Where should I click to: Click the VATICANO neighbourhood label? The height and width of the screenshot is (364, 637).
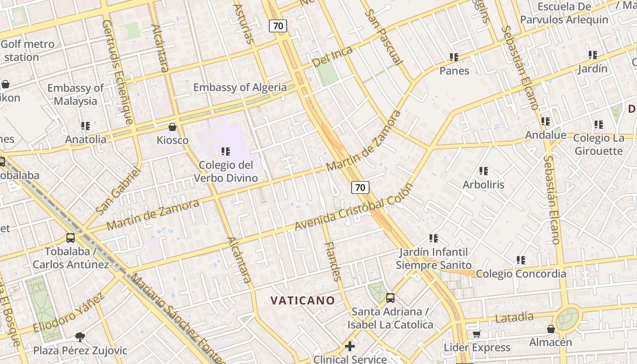303,300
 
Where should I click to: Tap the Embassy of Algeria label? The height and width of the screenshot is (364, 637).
240,87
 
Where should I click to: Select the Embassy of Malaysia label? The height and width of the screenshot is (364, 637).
76,94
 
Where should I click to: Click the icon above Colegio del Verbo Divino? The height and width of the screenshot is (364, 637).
226,151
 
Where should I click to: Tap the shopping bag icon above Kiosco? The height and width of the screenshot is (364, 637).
172,127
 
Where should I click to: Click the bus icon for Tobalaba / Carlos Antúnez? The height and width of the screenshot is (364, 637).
71,238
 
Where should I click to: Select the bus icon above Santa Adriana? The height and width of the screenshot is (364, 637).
390,298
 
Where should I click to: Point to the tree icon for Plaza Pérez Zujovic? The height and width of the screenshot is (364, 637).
80,337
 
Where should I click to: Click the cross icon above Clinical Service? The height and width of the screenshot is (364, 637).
350,347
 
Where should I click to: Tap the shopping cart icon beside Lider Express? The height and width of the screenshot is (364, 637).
476,334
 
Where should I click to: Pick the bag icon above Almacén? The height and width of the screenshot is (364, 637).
551,329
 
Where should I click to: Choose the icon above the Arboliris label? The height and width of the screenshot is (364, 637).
484,171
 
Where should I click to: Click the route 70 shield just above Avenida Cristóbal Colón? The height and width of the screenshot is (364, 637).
360,187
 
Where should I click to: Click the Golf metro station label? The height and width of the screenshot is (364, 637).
27,51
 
